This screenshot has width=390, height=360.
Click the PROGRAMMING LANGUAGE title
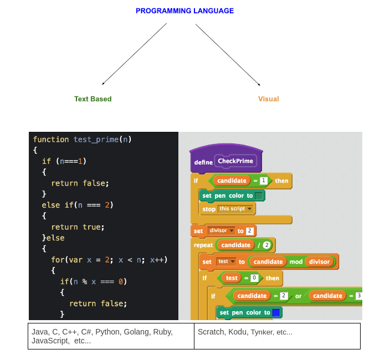[x=184, y=11]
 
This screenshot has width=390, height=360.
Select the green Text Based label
[x=93, y=99]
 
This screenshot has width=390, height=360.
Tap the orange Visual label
[x=268, y=99]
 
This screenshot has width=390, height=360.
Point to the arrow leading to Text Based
[x=134, y=54]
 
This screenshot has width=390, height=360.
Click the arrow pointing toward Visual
[x=228, y=54]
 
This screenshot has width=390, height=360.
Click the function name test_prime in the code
[x=96, y=140]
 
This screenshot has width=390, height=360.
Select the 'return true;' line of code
[x=78, y=227]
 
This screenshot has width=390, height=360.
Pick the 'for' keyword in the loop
[x=58, y=259]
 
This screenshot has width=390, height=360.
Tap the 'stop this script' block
[x=228, y=209]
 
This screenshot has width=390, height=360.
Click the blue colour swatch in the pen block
[x=276, y=312]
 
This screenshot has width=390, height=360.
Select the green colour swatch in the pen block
[x=259, y=196]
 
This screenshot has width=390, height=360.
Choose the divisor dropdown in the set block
[x=221, y=230]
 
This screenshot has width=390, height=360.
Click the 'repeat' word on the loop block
[x=203, y=245]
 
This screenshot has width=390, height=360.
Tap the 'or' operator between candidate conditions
[x=298, y=296]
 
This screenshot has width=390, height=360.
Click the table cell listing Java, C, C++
[x=111, y=336]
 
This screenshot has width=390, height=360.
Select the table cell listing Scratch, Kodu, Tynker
[x=277, y=336]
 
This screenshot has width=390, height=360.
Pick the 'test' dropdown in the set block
[x=226, y=261]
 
